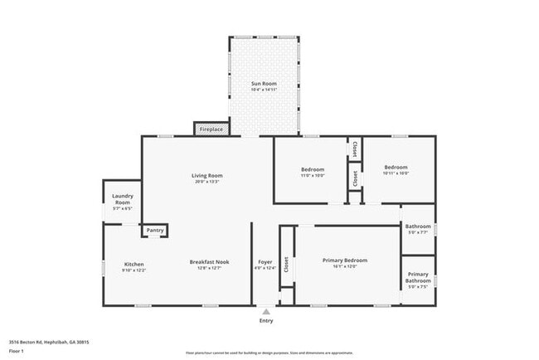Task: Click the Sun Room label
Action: (x=264, y=84)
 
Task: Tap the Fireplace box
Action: (x=211, y=130)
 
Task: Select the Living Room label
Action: (x=207, y=176)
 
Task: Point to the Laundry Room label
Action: (x=122, y=199)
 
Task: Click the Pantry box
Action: (x=155, y=231)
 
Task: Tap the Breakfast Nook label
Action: (x=209, y=262)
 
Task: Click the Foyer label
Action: (x=265, y=262)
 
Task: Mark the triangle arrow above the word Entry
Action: (x=265, y=312)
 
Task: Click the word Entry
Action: (x=265, y=321)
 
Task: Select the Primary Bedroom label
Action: (x=344, y=260)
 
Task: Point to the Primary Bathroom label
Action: (x=418, y=277)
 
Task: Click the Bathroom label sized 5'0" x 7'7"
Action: (x=418, y=226)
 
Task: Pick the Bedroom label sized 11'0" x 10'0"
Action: (x=313, y=169)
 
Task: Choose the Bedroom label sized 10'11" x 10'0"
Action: (x=396, y=167)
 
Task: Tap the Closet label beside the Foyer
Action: (x=287, y=265)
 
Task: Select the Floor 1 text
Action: (x=17, y=351)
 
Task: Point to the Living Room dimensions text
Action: (x=207, y=182)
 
